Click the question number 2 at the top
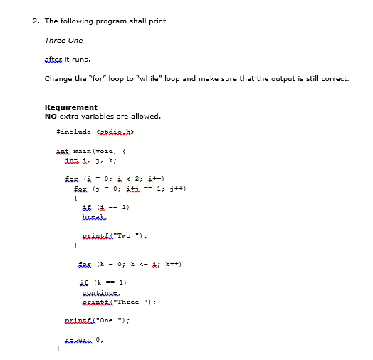pyautogui.click(x=36, y=21)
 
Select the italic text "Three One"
pyautogui.click(x=63, y=40)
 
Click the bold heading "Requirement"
pyautogui.click(x=70, y=107)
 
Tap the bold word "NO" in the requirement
pyautogui.click(x=51, y=116)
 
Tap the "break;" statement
pyautogui.click(x=95, y=216)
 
